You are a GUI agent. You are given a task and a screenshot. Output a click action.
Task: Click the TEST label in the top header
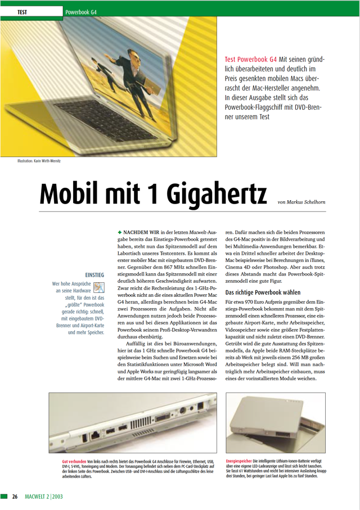[23, 12]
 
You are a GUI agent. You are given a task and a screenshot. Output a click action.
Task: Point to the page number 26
[15, 497]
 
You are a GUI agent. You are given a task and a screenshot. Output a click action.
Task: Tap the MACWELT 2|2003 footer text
[44, 497]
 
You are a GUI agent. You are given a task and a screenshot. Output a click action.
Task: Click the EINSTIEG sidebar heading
[94, 274]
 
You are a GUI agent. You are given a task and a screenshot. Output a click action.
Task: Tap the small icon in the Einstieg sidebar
[99, 287]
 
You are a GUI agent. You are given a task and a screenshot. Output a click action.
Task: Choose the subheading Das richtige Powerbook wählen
[263, 292]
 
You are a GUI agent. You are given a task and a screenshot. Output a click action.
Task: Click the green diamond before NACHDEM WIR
[120, 231]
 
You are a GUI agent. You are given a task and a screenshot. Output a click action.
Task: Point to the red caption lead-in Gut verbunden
[74, 461]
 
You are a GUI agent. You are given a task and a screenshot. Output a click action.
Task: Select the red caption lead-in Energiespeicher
[240, 460]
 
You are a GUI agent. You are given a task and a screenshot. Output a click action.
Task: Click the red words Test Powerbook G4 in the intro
[250, 58]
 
